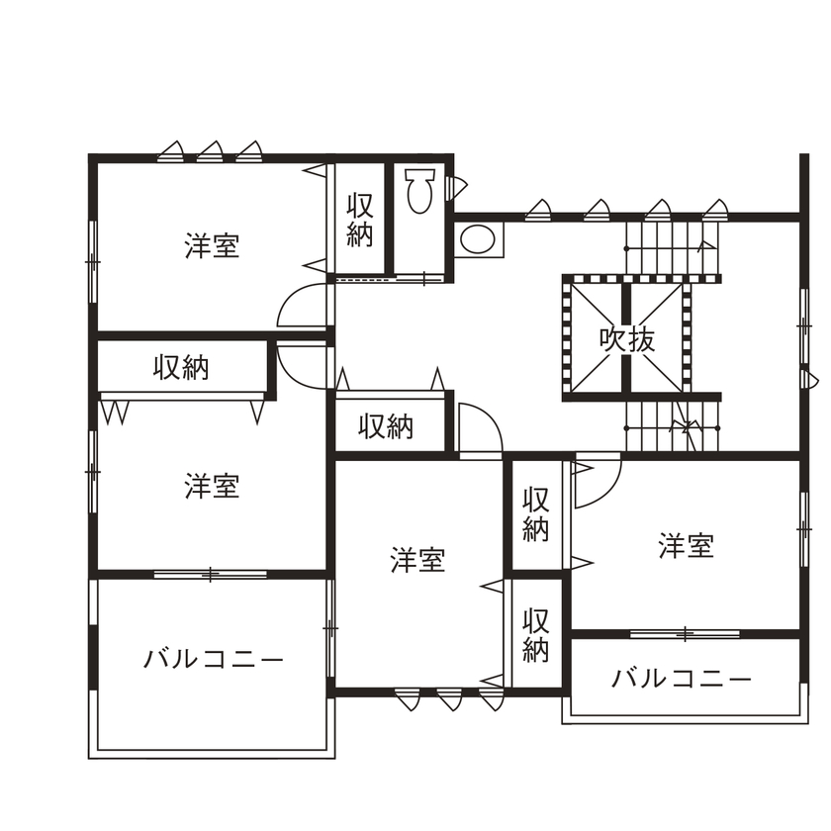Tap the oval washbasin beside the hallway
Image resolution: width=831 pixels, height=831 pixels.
[478, 239]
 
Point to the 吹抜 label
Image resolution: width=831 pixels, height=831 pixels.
[627, 339]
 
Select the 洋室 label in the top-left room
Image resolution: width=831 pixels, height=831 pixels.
[212, 246]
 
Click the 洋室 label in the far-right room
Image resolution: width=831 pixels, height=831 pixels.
[687, 545]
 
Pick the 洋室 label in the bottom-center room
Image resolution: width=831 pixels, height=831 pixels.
[417, 561]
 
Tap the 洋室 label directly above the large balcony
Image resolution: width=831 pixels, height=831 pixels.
[212, 487]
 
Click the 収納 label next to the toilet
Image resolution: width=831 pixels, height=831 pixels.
[360, 221]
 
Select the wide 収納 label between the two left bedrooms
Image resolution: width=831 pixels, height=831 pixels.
[181, 368]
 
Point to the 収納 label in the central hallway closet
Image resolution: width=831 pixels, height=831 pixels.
[386, 427]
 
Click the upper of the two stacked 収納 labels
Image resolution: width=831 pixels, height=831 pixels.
[536, 513]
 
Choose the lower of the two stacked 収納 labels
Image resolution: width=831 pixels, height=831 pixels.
[536, 635]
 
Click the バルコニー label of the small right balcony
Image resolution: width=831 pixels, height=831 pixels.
[682, 680]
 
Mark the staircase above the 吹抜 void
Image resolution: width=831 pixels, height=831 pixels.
[673, 248]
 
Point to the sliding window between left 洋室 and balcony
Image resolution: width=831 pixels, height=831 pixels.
[210, 574]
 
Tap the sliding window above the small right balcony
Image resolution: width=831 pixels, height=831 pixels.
[685, 632]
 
